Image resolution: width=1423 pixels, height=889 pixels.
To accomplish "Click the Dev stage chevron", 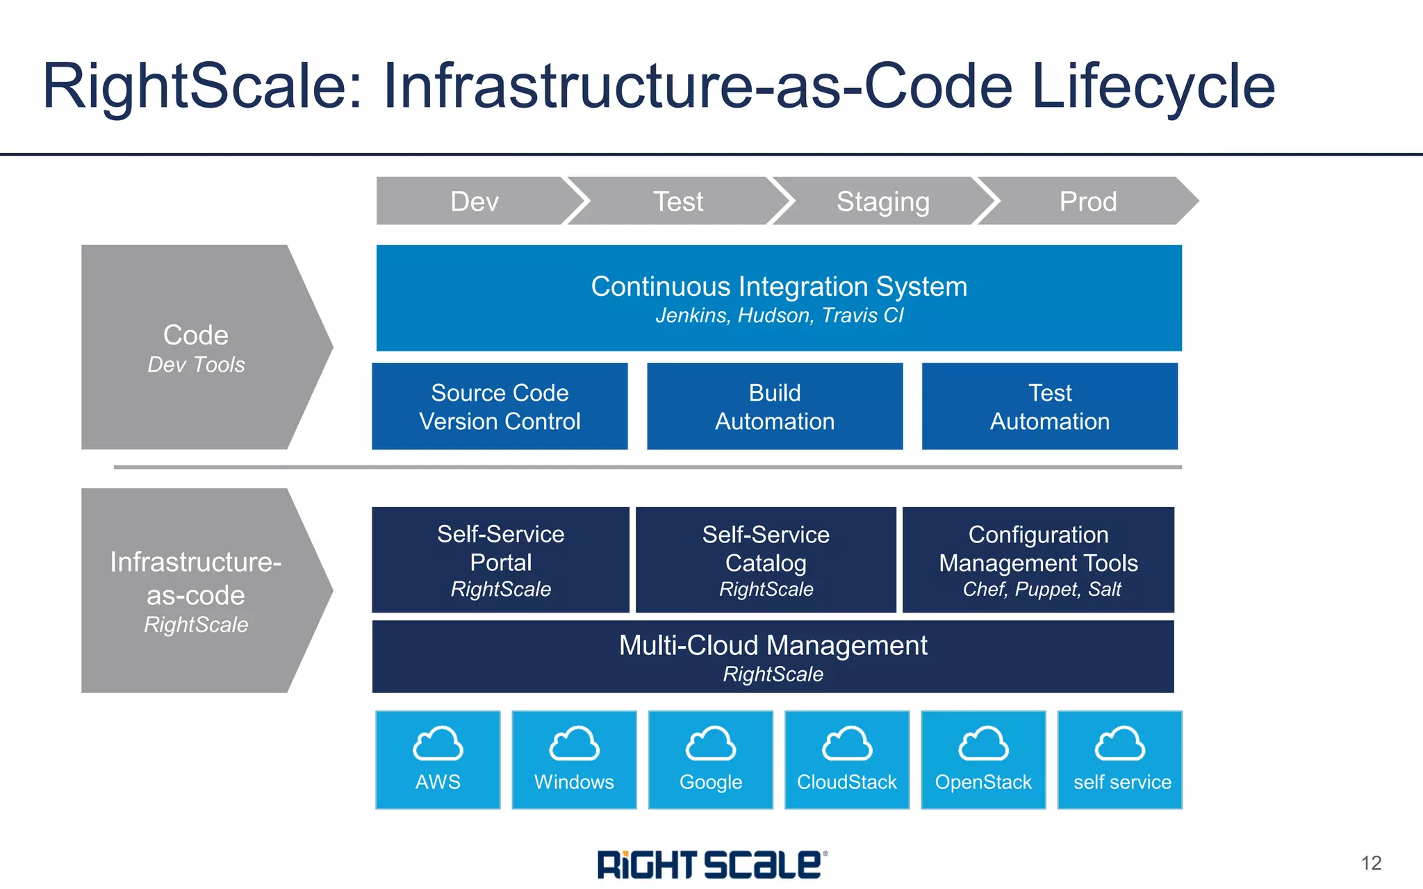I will pyautogui.click(x=475, y=201).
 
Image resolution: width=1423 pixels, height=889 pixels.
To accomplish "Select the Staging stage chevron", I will pyautogui.click(x=882, y=201).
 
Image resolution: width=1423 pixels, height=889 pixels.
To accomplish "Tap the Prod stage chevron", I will pyautogui.click(x=1087, y=201).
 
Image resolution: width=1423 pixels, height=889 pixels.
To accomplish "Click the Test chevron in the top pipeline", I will pyautogui.click(x=678, y=201).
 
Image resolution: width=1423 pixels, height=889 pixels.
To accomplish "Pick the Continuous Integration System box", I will pyautogui.click(x=778, y=298).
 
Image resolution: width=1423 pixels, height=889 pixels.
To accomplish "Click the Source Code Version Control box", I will pyautogui.click(x=500, y=407).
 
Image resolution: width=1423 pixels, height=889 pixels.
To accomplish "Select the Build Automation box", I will pyautogui.click(x=775, y=407).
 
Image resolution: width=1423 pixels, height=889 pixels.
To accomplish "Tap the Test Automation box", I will pyautogui.click(x=1049, y=407).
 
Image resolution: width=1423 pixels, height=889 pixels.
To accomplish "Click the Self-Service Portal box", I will pyautogui.click(x=500, y=560).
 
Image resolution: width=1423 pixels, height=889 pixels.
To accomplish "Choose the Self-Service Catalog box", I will pyautogui.click(x=766, y=560).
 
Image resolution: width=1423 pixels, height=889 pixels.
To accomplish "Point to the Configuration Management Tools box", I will pyautogui.click(x=1038, y=560).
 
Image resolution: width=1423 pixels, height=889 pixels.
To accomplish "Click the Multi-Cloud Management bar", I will pyautogui.click(x=773, y=657).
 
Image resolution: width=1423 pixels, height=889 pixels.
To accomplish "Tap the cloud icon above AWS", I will pyautogui.click(x=438, y=744).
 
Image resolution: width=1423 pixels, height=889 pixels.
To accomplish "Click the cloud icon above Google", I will pyautogui.click(x=710, y=744).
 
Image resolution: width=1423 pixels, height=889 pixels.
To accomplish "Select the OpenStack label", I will pyautogui.click(x=983, y=782).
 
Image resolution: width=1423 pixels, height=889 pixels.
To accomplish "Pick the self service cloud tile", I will pyautogui.click(x=1119, y=760).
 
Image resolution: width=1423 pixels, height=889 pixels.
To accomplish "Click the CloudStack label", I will pyautogui.click(x=846, y=782).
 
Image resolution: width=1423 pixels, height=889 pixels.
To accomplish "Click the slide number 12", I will pyautogui.click(x=1371, y=863).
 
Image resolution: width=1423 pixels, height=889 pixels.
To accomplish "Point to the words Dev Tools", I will pyautogui.click(x=196, y=365).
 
